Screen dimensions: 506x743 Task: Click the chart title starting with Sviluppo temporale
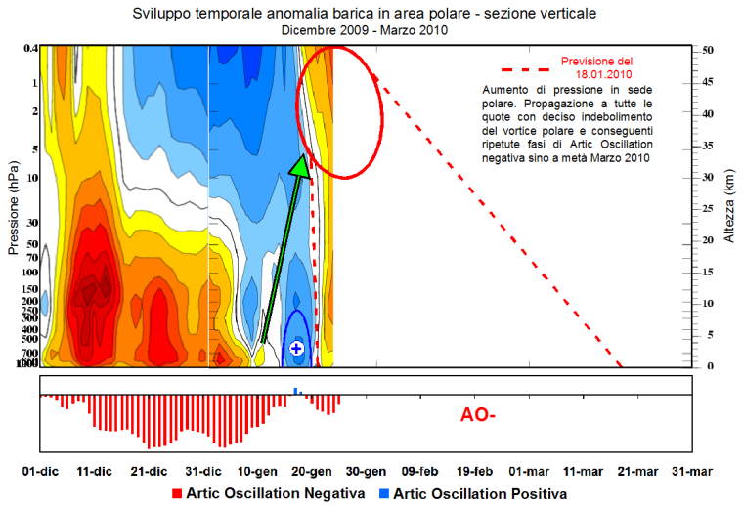point(363,14)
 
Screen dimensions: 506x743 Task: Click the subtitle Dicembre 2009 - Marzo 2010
point(363,30)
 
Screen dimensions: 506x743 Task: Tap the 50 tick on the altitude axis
point(708,49)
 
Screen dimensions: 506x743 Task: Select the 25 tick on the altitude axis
point(708,208)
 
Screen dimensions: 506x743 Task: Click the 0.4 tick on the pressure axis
point(30,49)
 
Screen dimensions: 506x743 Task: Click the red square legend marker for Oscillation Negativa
point(177,493)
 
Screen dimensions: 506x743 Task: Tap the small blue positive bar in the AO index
point(297,392)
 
